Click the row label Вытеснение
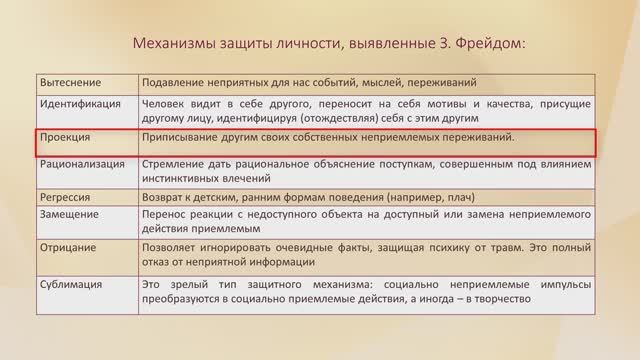point(71,81)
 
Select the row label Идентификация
point(81,102)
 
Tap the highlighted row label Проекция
point(65,137)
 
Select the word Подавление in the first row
point(177,81)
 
